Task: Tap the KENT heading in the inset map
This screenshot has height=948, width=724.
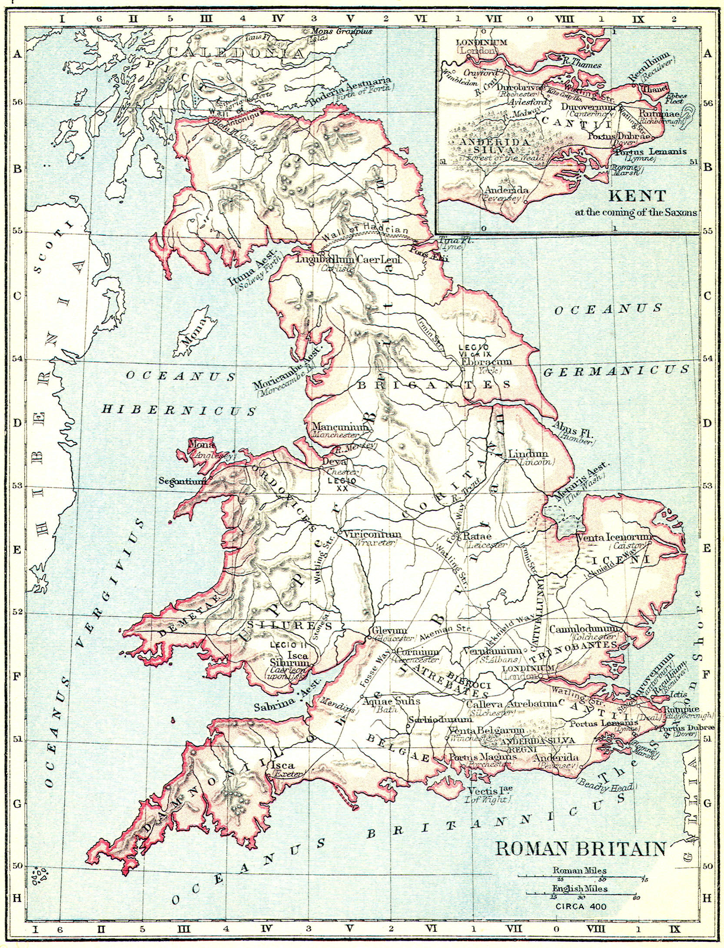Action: (637, 196)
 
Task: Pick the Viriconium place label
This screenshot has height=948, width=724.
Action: (373, 535)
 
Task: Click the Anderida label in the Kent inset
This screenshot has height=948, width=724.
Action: (506, 190)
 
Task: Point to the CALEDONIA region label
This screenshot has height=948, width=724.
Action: (235, 53)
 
